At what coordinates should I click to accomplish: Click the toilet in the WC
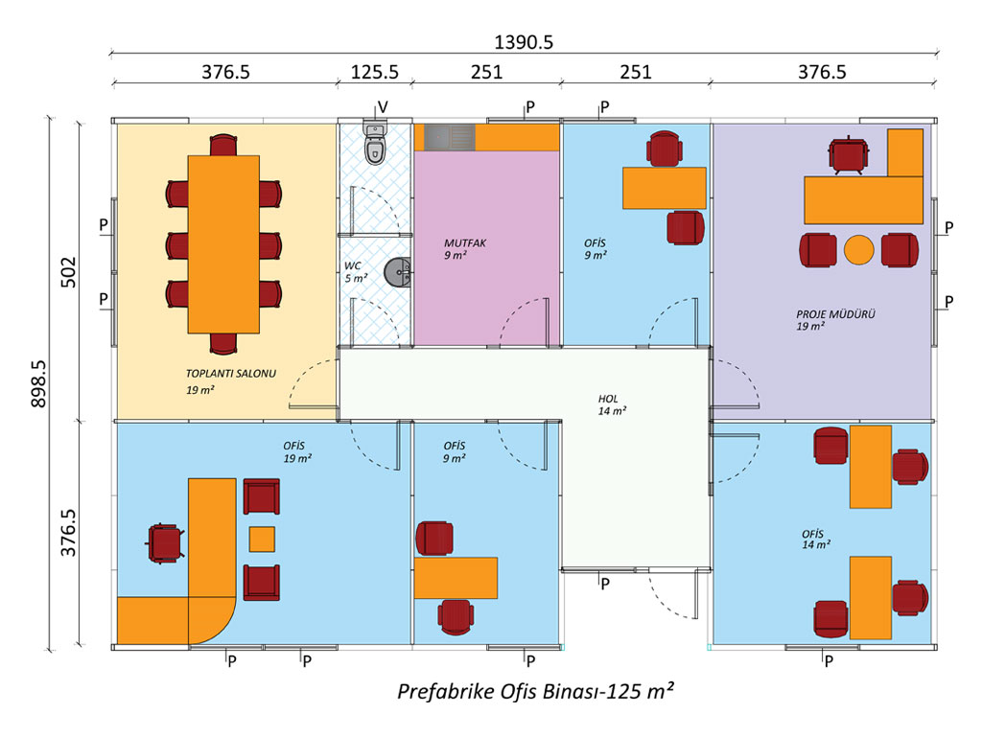pos(375,144)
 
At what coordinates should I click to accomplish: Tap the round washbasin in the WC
pos(397,272)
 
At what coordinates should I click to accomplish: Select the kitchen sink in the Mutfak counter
pos(449,137)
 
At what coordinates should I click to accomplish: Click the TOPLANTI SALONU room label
pos(230,374)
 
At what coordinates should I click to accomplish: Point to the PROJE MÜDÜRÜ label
pos(835,314)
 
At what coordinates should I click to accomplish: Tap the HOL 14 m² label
pos(612,404)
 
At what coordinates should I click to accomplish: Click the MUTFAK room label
pos(465,242)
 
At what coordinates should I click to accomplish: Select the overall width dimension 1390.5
pos(524,42)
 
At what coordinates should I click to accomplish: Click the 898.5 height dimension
pos(38,383)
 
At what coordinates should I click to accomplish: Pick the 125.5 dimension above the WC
pos(375,72)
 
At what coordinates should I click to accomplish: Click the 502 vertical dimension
pos(68,272)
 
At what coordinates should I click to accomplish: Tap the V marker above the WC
pos(383,107)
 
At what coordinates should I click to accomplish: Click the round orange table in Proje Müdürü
pos(858,249)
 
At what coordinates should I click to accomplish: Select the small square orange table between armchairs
pos(262,539)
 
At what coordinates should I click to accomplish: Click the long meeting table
pos(223,244)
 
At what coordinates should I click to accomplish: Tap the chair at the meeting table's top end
pos(223,146)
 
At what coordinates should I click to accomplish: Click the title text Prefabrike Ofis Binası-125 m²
pos(536,691)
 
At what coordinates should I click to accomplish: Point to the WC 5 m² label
pos(356,271)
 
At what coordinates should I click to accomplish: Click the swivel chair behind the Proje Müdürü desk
pos(848,154)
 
